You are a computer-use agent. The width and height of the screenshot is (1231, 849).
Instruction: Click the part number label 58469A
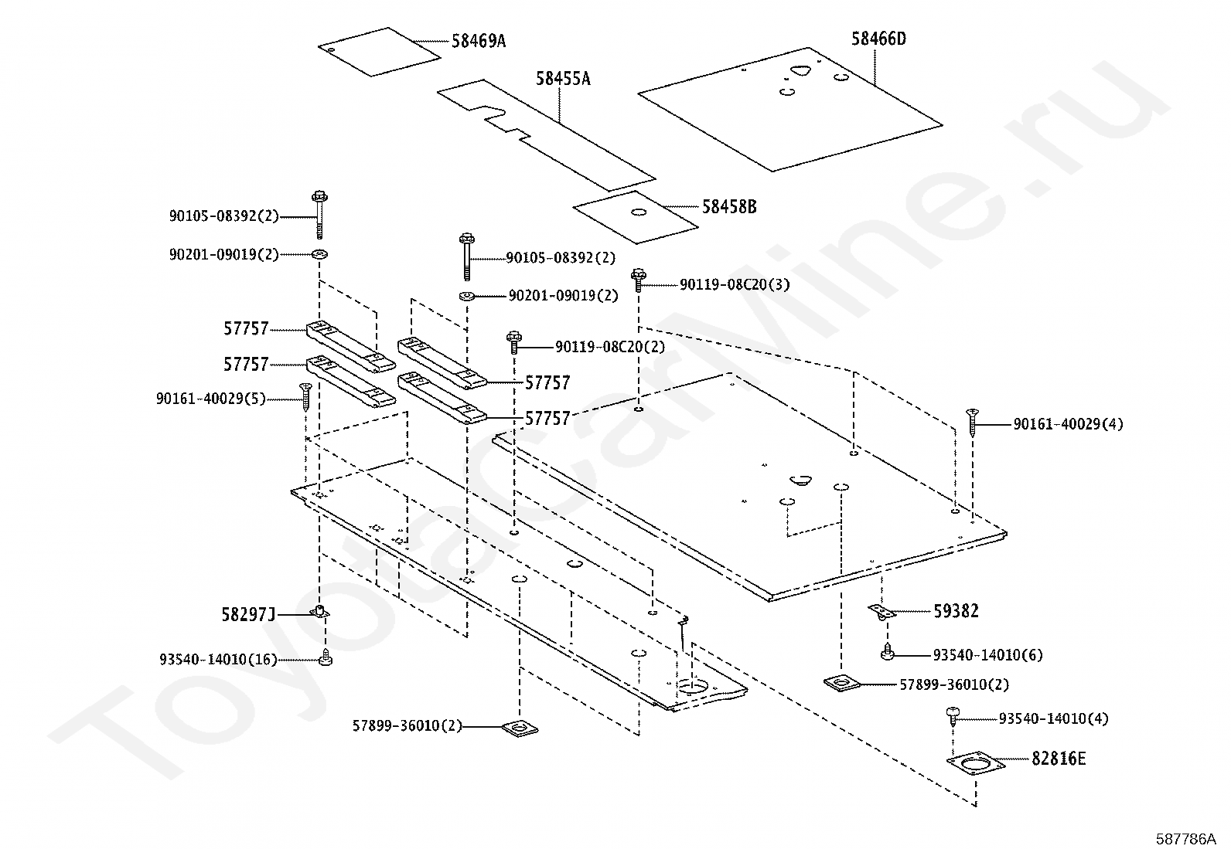point(478,41)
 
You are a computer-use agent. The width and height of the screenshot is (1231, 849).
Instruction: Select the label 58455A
point(563,79)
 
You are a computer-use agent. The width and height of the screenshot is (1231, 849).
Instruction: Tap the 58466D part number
point(878,39)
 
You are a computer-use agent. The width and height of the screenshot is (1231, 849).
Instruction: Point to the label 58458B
point(729,207)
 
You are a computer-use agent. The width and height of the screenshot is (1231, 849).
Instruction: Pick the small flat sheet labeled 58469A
point(378,52)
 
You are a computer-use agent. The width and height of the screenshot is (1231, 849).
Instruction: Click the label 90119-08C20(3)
point(735,285)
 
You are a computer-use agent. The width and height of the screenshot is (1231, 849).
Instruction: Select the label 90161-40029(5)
point(210,399)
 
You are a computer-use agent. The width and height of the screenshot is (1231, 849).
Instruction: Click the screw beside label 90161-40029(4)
point(971,422)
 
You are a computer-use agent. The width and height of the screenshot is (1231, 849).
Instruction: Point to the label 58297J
point(247,615)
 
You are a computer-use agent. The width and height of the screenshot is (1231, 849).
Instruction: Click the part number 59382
point(956,611)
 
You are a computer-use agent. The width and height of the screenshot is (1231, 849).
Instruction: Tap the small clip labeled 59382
point(881,611)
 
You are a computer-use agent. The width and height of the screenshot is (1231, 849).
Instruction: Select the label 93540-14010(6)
point(987,655)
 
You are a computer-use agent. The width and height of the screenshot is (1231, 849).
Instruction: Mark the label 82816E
point(1058,759)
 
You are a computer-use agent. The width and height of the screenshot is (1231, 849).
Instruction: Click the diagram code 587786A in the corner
point(1186,838)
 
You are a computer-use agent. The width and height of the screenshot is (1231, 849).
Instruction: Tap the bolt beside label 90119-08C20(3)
point(639,279)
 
